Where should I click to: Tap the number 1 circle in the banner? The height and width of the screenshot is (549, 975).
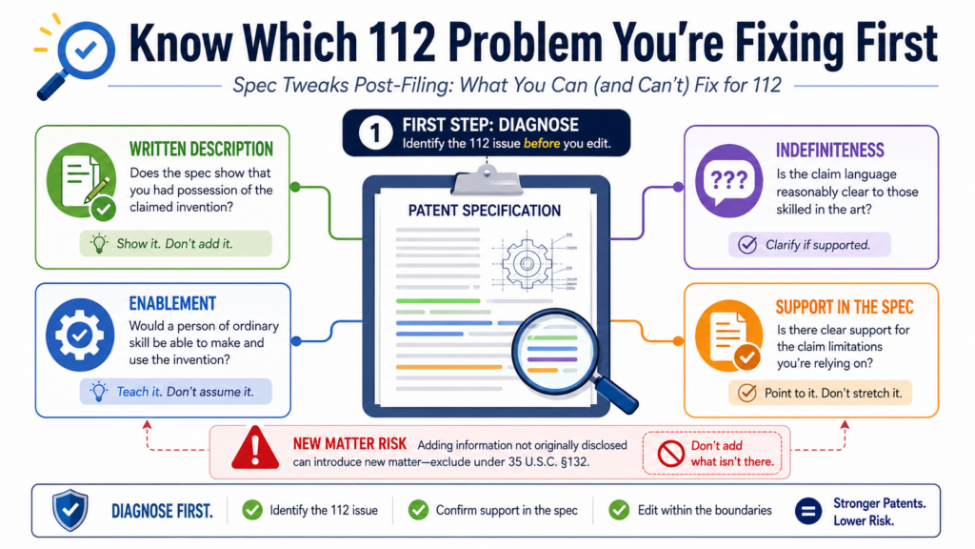[375, 132]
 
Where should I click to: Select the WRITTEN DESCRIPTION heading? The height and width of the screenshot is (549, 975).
[201, 150]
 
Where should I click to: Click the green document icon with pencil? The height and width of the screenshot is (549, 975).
[82, 181]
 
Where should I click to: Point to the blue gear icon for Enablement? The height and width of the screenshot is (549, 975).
[80, 335]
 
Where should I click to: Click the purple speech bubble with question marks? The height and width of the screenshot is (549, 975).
[728, 180]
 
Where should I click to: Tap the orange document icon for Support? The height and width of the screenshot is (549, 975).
[728, 335]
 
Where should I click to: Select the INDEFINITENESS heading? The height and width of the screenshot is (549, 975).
[829, 151]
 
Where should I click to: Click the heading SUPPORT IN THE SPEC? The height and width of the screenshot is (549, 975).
[845, 307]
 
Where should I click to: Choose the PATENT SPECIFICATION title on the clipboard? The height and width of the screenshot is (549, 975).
[485, 211]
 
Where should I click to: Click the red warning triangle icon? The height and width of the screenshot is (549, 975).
[255, 448]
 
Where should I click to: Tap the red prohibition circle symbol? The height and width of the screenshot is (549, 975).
[671, 454]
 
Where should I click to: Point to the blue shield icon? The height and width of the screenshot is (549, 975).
[70, 510]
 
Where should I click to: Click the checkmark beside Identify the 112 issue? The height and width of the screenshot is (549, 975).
[252, 511]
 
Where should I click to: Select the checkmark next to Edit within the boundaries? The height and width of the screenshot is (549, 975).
[619, 511]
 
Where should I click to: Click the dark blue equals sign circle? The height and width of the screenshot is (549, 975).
[808, 511]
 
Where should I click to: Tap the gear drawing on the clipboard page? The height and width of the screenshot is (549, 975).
[527, 264]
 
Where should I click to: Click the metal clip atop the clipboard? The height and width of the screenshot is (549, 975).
[487, 180]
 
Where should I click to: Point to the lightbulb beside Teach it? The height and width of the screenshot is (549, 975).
[98, 392]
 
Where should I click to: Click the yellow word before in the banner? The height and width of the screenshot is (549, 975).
[542, 144]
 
